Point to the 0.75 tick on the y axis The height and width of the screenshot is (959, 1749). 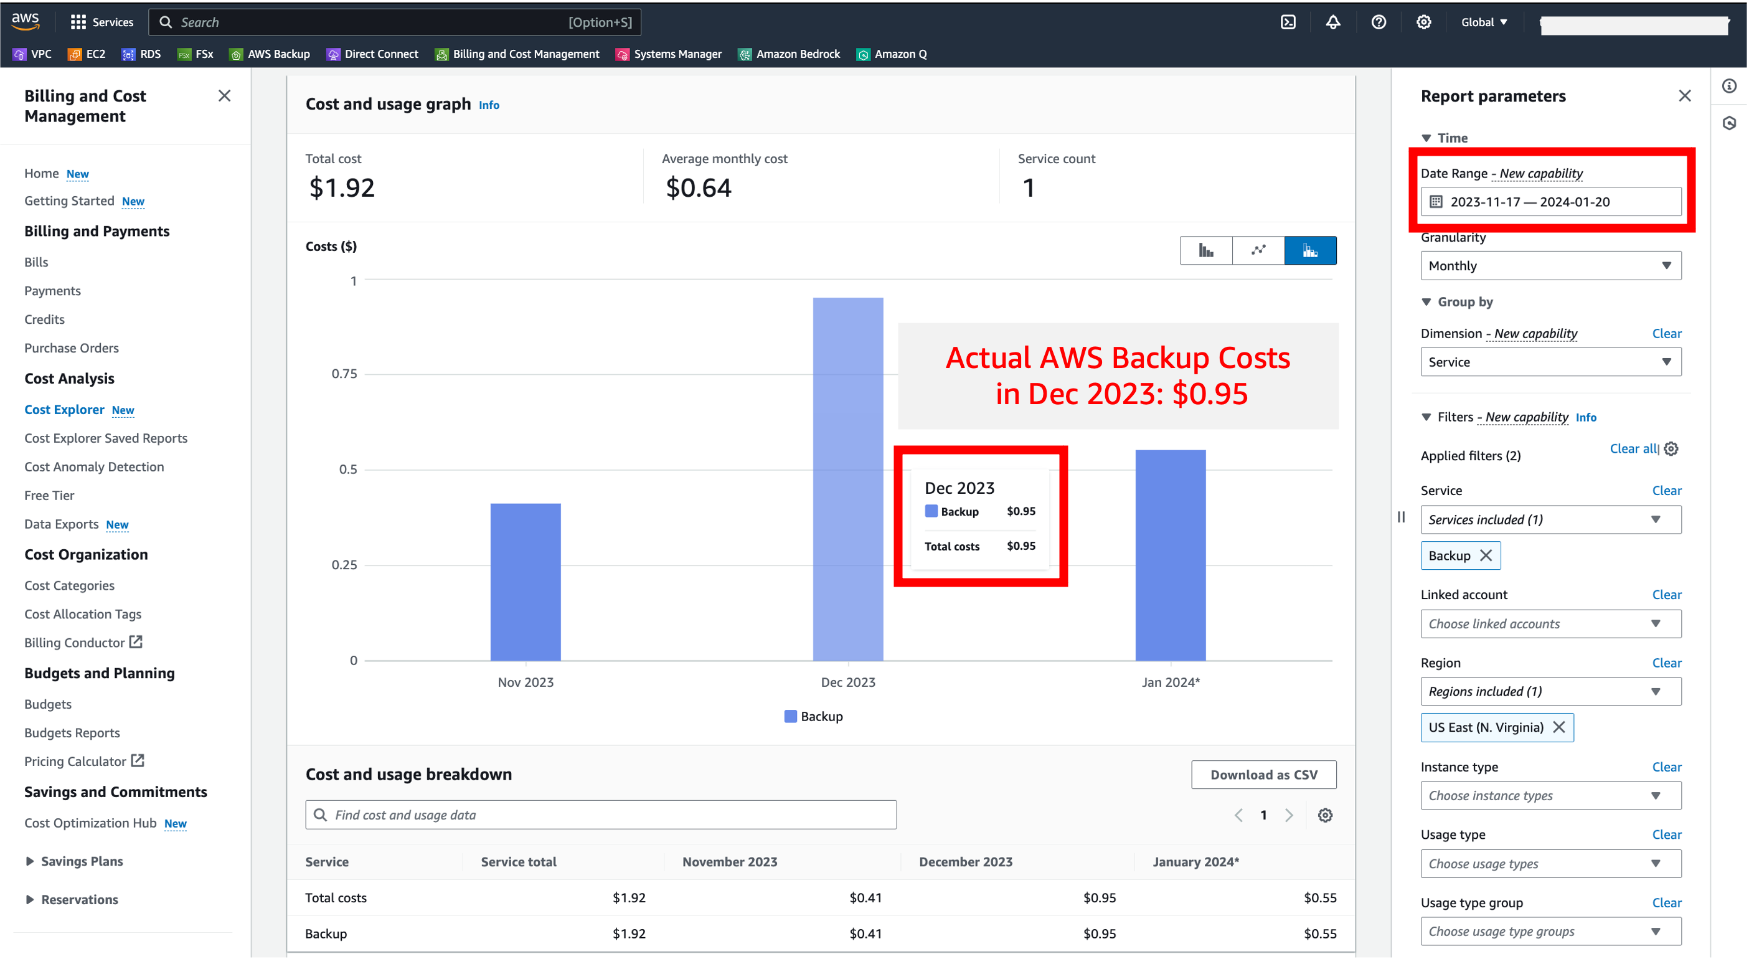tap(344, 374)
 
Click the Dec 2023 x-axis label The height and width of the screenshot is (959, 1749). tap(848, 682)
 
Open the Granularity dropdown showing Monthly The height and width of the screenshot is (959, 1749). tap(1550, 265)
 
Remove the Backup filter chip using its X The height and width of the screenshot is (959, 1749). tap(1486, 555)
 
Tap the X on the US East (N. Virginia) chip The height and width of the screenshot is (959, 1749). tap(1559, 727)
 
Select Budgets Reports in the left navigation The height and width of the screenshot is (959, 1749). tap(72, 732)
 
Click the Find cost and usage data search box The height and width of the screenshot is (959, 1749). tap(601, 815)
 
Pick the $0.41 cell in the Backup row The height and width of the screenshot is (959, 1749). tap(865, 933)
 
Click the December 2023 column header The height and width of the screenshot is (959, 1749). tap(966, 861)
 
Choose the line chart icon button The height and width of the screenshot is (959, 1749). tap(1258, 250)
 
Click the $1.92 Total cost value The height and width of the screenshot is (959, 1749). tap(341, 187)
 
